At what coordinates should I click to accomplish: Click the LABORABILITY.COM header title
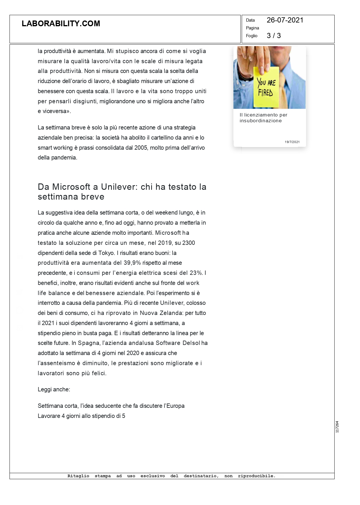click(x=61, y=24)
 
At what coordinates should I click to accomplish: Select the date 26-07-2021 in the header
click(x=285, y=20)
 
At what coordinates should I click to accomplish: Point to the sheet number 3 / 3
click(x=273, y=36)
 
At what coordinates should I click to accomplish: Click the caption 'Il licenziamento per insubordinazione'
click(x=263, y=118)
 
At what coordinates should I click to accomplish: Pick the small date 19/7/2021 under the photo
click(x=292, y=142)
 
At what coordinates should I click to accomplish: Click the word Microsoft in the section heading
click(x=71, y=187)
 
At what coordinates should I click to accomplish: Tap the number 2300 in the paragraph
click(x=189, y=243)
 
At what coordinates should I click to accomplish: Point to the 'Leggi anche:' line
click(x=54, y=389)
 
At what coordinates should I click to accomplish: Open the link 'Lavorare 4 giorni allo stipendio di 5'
click(x=81, y=416)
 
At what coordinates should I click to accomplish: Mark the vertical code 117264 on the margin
click(x=337, y=427)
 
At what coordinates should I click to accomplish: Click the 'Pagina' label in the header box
click(x=252, y=28)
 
